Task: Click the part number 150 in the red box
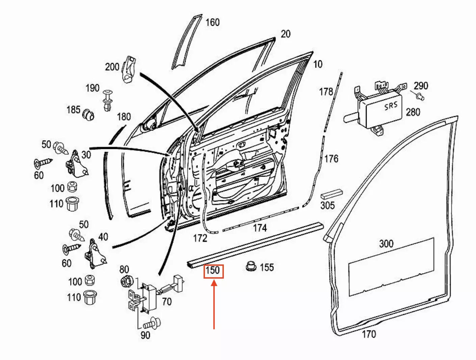click(x=213, y=271)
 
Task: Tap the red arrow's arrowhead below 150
click(x=214, y=283)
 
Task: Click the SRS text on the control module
click(x=391, y=106)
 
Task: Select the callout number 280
click(x=413, y=112)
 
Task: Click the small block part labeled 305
click(x=331, y=195)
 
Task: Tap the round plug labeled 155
click(x=250, y=266)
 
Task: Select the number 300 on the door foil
click(x=386, y=243)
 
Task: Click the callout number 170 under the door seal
click(x=369, y=334)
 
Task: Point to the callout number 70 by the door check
click(x=166, y=301)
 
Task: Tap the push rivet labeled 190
click(x=108, y=100)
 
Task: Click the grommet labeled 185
click(x=88, y=115)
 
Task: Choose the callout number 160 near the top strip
click(x=212, y=22)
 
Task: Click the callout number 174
click(x=260, y=228)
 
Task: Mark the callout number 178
click(x=326, y=92)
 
